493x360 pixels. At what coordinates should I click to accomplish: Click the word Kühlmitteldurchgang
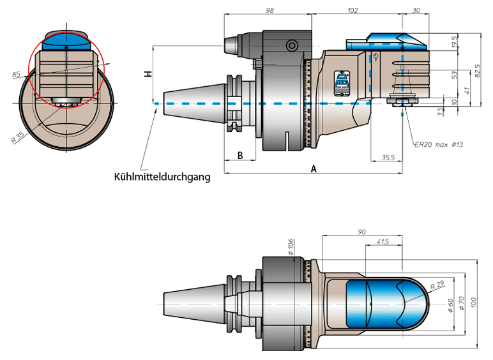pyautogui.click(x=162, y=177)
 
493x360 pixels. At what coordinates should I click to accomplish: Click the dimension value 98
pyautogui.click(x=269, y=10)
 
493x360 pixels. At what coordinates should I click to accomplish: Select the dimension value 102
pyautogui.click(x=353, y=10)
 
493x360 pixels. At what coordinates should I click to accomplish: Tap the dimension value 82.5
pyautogui.click(x=477, y=71)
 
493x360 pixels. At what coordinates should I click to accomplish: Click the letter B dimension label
pyautogui.click(x=240, y=155)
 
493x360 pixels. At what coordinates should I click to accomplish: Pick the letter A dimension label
pyautogui.click(x=314, y=169)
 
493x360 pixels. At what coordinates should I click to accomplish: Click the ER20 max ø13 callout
pyautogui.click(x=439, y=144)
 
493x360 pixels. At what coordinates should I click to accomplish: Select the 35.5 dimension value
pyautogui.click(x=388, y=158)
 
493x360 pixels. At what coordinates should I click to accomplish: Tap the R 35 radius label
pyautogui.click(x=18, y=138)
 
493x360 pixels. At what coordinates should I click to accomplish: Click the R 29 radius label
pyautogui.click(x=437, y=285)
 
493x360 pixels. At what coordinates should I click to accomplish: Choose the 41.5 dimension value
pyautogui.click(x=383, y=241)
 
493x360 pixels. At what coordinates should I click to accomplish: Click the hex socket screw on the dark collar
pyautogui.click(x=291, y=46)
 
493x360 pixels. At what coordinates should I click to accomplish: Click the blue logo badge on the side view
pyautogui.click(x=342, y=83)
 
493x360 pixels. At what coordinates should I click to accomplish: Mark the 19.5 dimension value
pyautogui.click(x=454, y=42)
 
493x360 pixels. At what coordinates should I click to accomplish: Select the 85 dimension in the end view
pyautogui.click(x=16, y=75)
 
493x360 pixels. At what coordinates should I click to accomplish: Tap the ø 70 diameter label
pyautogui.click(x=462, y=303)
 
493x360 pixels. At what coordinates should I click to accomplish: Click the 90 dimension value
pyautogui.click(x=361, y=232)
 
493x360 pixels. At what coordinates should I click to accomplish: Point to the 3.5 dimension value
pyautogui.click(x=440, y=111)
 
